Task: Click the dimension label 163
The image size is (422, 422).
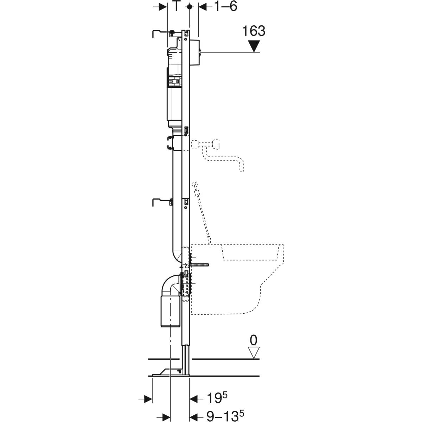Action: click(x=254, y=31)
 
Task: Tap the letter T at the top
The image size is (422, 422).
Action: click(x=176, y=7)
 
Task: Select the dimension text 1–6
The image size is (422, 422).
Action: click(x=225, y=7)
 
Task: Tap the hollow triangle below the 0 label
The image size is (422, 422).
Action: click(x=254, y=353)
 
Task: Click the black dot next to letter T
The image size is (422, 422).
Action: click(x=190, y=7)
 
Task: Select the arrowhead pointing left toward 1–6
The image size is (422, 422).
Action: click(x=203, y=7)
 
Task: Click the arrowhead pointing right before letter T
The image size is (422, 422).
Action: click(x=163, y=7)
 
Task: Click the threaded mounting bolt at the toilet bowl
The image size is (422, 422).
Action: click(x=199, y=265)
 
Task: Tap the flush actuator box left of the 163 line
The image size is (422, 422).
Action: click(x=195, y=52)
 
